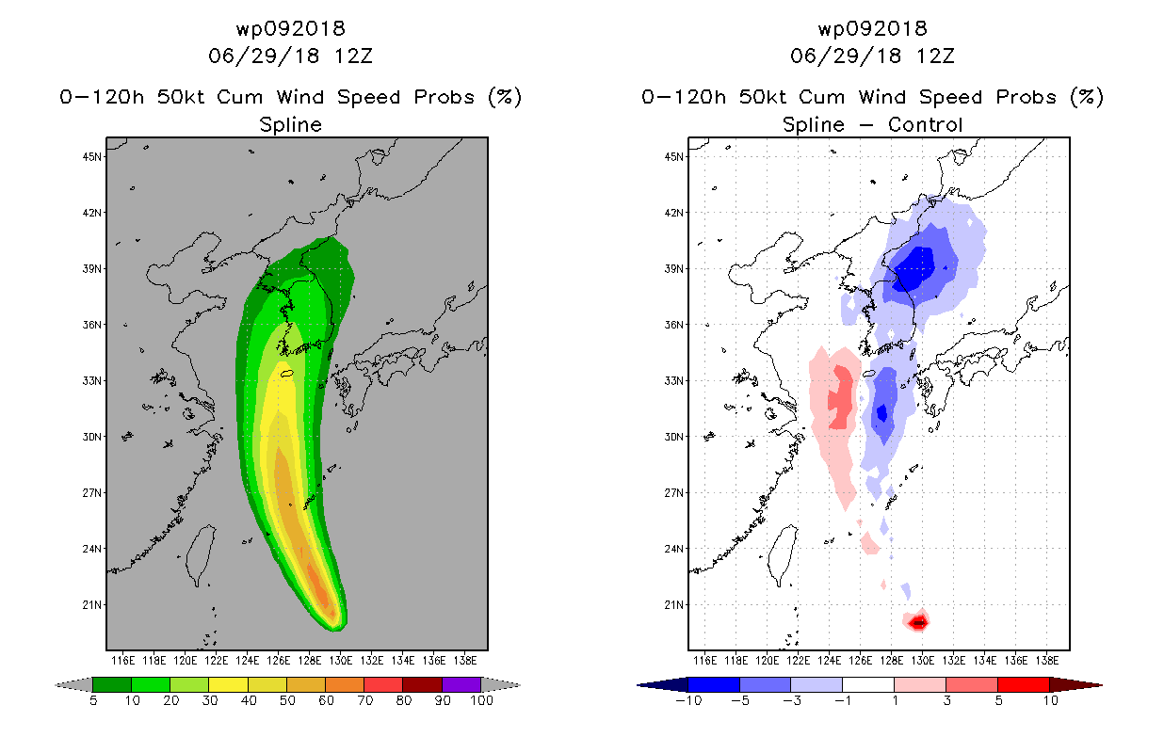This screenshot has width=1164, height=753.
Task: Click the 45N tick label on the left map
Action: tap(92, 157)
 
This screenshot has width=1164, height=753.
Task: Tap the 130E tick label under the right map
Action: tap(922, 661)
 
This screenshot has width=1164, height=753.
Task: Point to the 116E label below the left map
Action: tap(123, 661)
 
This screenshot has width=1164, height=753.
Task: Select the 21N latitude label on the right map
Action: tap(674, 605)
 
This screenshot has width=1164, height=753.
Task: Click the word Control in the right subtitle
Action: tap(926, 125)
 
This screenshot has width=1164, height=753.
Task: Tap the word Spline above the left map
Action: tap(290, 125)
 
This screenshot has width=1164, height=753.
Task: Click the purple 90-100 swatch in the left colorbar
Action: tap(461, 684)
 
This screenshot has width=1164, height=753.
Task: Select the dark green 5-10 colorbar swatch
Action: tap(112, 684)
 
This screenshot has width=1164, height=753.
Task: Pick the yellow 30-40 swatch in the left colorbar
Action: tap(229, 684)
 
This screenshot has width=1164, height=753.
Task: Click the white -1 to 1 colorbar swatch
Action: tap(868, 684)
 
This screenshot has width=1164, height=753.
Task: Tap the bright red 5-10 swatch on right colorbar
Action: tap(1023, 684)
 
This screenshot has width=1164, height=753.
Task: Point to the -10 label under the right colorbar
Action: tap(688, 701)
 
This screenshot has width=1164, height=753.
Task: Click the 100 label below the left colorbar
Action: tap(481, 701)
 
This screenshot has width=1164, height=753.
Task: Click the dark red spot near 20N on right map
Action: tap(919, 621)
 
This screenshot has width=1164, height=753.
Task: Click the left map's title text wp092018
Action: tap(290, 29)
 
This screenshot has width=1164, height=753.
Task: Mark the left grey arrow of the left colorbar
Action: tap(73, 685)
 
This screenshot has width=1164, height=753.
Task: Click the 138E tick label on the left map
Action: tap(465, 661)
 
